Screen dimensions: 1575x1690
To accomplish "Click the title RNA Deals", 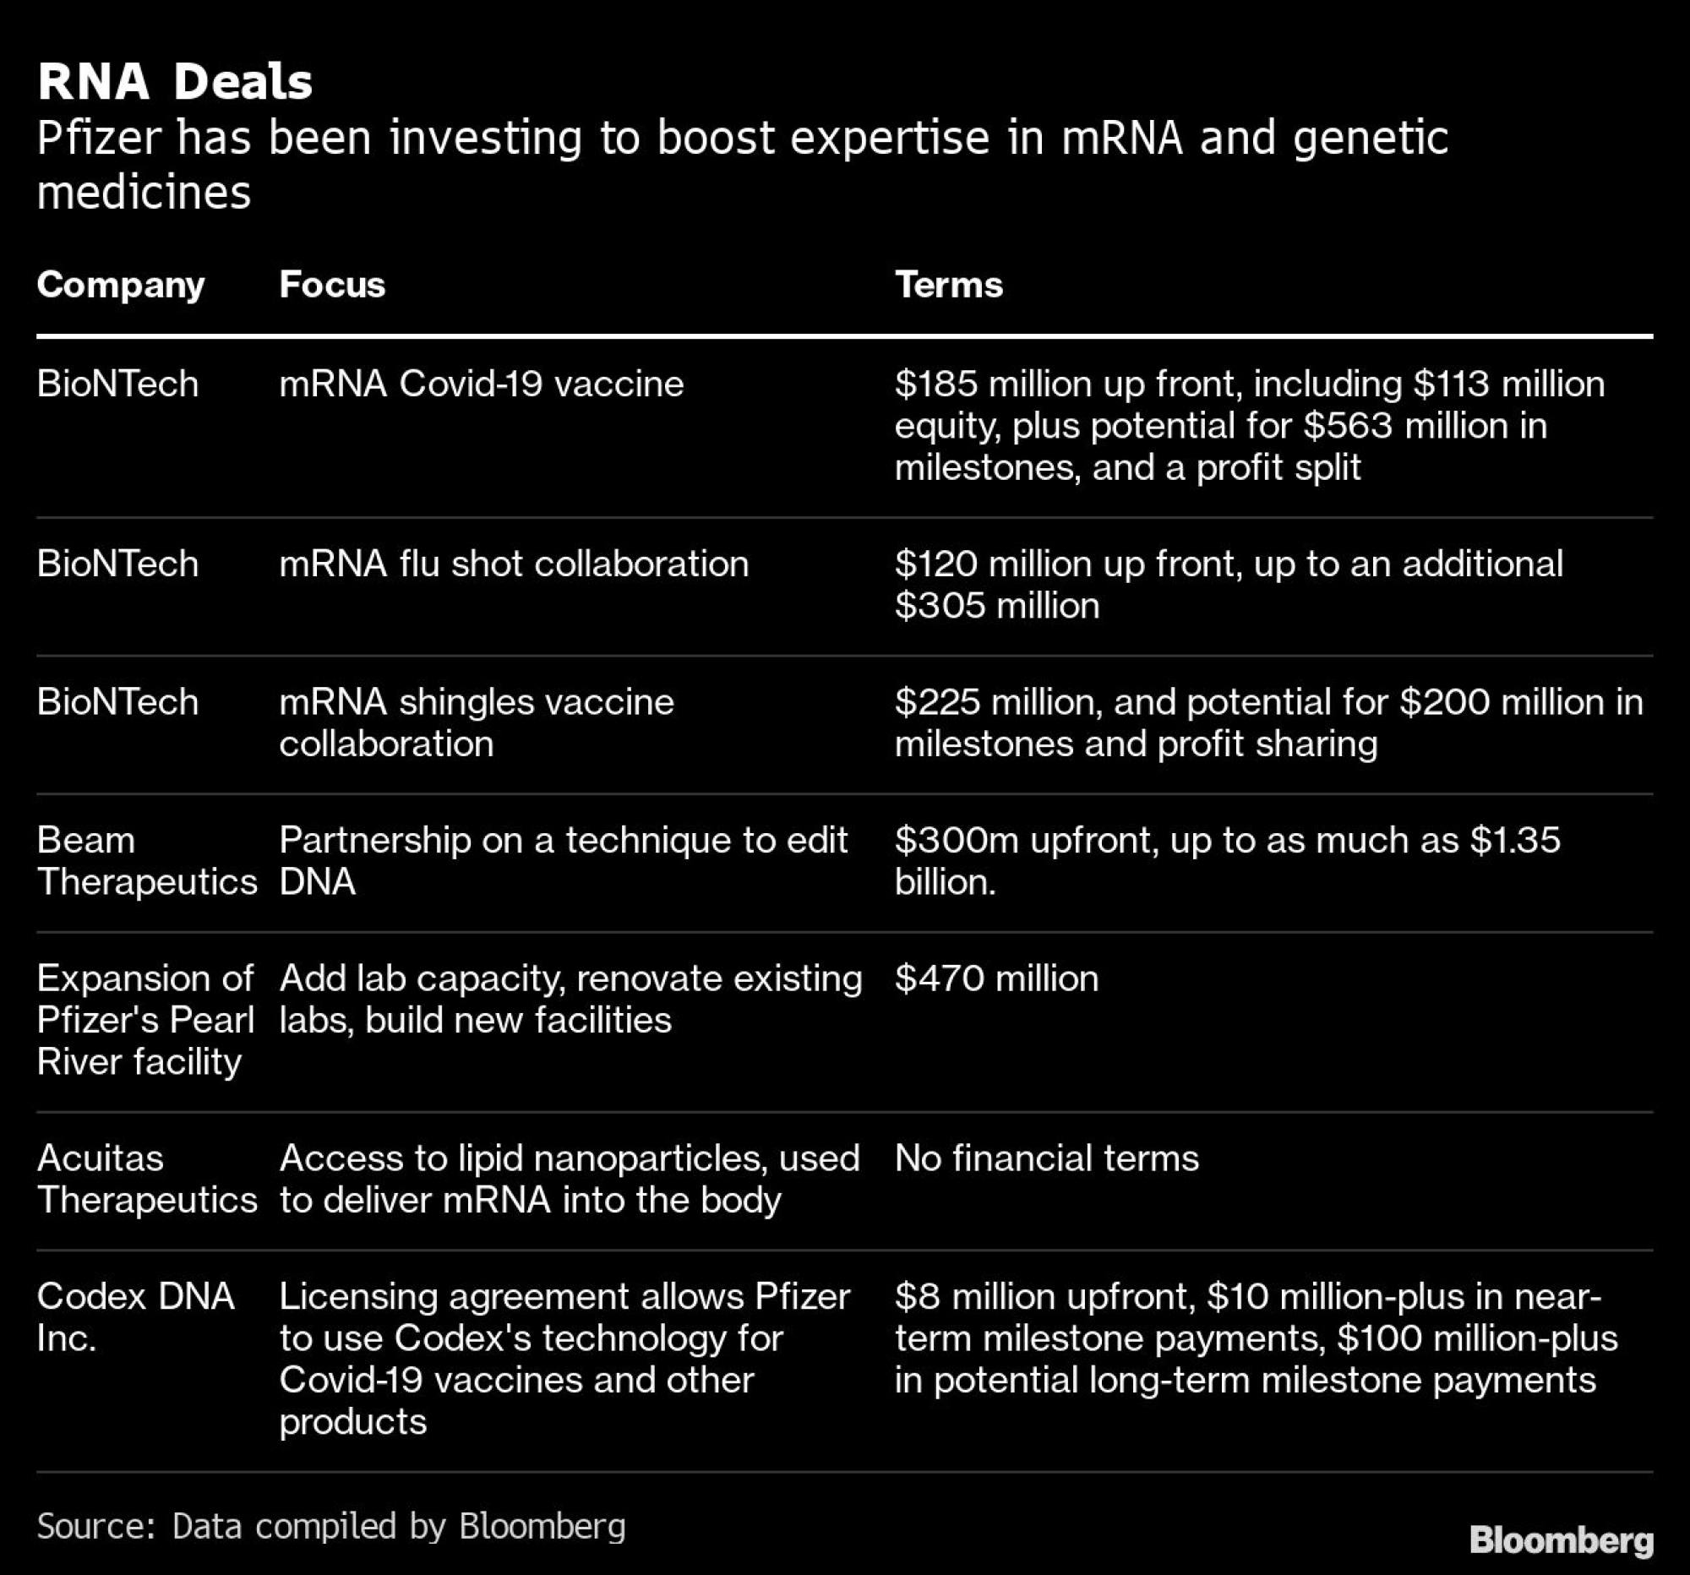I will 174,83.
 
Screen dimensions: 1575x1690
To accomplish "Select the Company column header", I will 121,285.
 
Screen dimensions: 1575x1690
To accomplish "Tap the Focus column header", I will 331,285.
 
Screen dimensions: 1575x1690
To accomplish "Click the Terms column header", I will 948,285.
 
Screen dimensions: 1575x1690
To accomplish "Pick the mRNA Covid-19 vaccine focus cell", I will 481,384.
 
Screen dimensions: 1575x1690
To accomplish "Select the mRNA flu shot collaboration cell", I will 514,564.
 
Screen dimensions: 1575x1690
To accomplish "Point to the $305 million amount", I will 996,606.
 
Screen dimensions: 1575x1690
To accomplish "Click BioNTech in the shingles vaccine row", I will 117,703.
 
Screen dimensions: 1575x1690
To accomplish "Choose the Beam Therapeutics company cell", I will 146,861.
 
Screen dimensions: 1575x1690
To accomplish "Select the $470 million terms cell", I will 996,979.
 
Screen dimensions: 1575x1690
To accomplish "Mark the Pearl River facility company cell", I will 144,1020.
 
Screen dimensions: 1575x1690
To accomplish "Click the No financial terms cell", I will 1045,1159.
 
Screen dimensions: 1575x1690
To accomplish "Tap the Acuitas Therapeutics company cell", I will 146,1180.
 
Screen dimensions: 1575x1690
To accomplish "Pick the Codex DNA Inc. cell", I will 134,1317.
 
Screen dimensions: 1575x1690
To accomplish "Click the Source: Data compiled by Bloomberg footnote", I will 331,1527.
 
